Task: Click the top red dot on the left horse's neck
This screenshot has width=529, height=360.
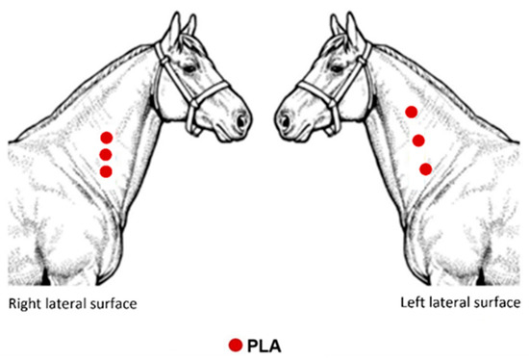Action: [x=106, y=137]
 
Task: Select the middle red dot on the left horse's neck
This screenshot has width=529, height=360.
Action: [x=106, y=154]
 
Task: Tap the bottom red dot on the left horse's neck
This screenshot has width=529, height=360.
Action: [x=106, y=171]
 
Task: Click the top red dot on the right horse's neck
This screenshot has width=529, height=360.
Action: [x=411, y=112]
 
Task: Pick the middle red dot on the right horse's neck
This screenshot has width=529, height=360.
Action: [x=418, y=141]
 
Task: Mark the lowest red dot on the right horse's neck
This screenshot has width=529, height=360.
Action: [x=425, y=169]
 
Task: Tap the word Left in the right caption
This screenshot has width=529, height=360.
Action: [x=412, y=302]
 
